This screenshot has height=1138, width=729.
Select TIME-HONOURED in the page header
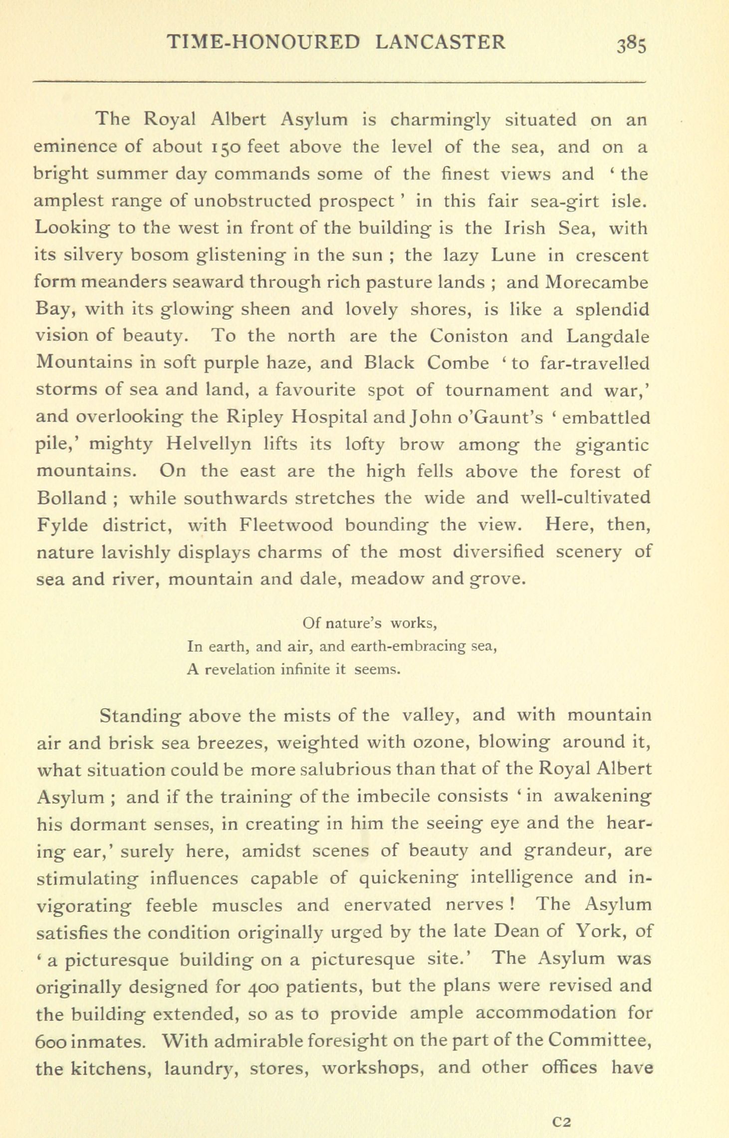(x=262, y=42)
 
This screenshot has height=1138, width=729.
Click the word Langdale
(x=608, y=337)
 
